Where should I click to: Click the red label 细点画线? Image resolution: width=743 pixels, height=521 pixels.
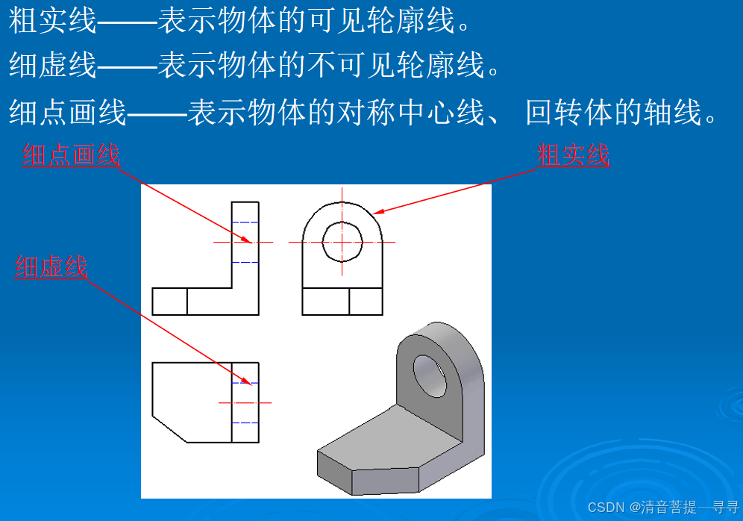coord(71,155)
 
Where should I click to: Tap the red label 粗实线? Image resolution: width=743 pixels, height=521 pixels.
coord(573,155)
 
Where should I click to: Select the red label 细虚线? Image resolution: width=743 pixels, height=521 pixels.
coord(51,266)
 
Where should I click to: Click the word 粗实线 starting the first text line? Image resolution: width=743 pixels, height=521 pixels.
coord(53,22)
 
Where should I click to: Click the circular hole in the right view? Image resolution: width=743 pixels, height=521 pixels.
coord(342,241)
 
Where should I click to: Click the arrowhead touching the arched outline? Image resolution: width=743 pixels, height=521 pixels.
coord(377,213)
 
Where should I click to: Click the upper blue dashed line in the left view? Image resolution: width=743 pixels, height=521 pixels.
coord(245,222)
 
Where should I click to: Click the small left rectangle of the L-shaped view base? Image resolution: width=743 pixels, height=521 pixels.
coord(169,302)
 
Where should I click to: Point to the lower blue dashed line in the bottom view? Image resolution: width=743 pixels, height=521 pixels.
coord(245,422)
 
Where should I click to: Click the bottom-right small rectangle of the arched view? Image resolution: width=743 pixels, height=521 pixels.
coord(366,302)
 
